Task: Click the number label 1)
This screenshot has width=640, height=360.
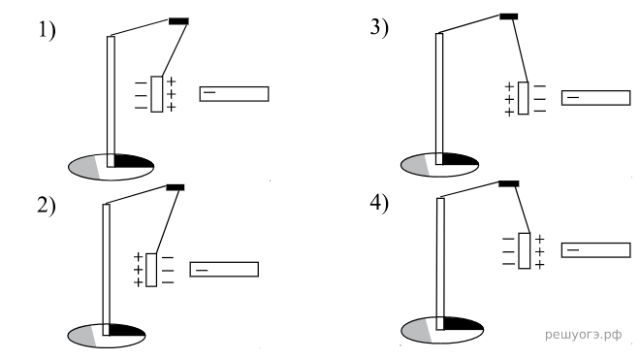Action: (x=47, y=31)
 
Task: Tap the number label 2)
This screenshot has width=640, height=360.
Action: (x=47, y=206)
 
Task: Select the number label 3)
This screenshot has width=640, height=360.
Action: (x=379, y=28)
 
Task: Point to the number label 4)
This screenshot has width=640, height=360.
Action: (x=379, y=203)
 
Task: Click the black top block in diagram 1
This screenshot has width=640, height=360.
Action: (x=178, y=21)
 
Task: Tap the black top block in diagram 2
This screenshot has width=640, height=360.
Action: (x=176, y=187)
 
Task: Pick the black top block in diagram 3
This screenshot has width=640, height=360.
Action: (x=509, y=16)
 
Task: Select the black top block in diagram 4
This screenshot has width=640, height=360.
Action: (x=509, y=184)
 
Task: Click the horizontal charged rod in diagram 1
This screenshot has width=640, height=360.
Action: (x=234, y=94)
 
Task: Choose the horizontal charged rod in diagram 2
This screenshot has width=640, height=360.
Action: (x=224, y=270)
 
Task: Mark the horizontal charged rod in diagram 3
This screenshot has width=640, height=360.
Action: (x=596, y=98)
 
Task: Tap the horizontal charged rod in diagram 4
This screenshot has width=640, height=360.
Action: (x=596, y=250)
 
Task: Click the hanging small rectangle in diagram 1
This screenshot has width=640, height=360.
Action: (x=157, y=94)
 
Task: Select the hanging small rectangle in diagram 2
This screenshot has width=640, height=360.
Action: (x=151, y=270)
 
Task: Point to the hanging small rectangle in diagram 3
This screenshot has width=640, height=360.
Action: (x=524, y=98)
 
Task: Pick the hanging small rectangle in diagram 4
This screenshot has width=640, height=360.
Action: (x=525, y=251)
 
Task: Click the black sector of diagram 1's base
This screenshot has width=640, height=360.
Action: (x=133, y=161)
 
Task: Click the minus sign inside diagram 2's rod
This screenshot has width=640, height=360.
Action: (x=202, y=270)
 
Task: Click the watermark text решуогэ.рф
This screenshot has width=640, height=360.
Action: (x=583, y=335)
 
